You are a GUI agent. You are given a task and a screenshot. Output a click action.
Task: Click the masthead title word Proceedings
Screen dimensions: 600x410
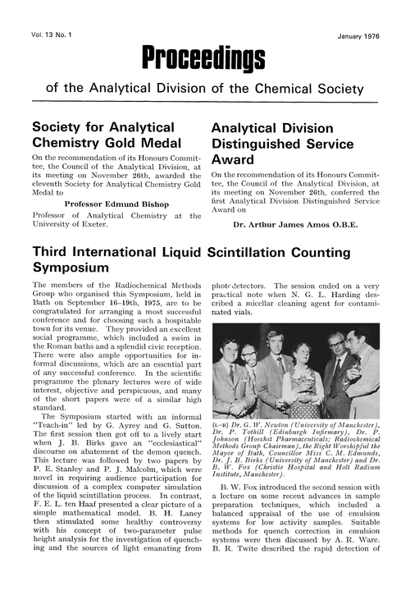[203, 57]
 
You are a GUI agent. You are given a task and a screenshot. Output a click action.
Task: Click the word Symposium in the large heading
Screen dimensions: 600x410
[71, 268]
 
